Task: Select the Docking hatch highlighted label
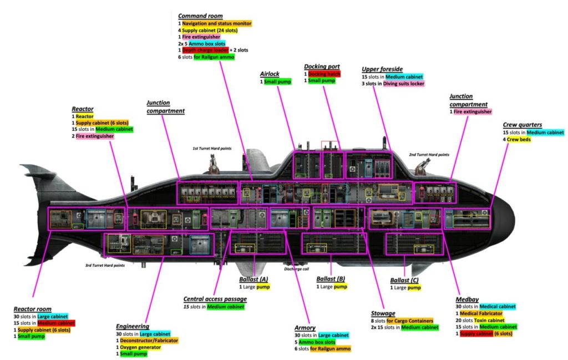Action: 324,74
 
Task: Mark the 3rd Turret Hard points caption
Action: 105,265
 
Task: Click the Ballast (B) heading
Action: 331,279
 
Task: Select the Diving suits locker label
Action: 403,83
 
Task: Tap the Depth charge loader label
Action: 205,49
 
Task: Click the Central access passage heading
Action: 216,299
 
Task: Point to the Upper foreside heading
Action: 382,69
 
